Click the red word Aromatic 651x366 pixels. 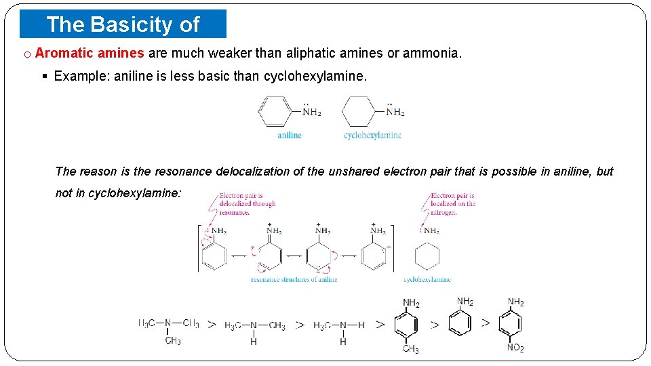point(61,53)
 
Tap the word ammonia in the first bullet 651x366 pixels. point(432,53)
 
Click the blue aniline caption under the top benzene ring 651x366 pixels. point(290,135)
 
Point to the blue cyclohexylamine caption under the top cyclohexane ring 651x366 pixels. point(372,135)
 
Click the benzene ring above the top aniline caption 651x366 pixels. point(275,111)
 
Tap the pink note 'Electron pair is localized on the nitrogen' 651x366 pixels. point(453,203)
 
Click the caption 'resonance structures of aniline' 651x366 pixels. point(294,279)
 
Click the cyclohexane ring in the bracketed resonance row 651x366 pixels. point(427,257)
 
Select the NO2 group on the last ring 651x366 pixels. point(515,348)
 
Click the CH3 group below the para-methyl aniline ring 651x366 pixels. point(411,350)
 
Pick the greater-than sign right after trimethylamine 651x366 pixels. point(212,325)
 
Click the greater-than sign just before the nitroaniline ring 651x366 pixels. point(486,324)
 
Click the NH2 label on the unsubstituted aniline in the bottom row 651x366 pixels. point(465,302)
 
